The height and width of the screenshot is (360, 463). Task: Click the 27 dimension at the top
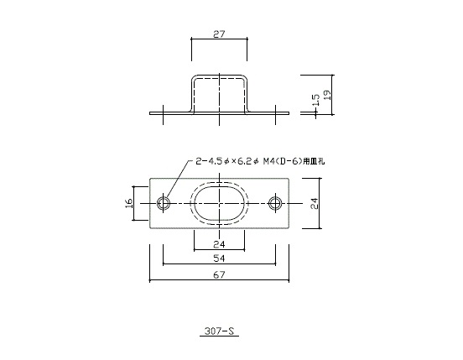coord(218,36)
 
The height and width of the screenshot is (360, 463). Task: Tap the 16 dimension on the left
coord(128,204)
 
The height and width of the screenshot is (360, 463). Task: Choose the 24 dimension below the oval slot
coord(219,244)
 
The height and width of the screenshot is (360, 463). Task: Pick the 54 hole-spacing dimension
coord(219,260)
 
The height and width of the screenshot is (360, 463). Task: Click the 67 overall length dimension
coord(219,276)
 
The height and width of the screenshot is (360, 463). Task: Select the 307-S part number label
coord(219,331)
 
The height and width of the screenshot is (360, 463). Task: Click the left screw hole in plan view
coord(163,204)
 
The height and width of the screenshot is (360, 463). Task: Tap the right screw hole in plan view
coord(275,204)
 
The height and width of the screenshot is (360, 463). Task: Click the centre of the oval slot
coord(219,204)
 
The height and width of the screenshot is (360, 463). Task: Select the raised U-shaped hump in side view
coord(219,81)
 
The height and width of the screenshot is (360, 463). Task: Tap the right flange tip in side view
coord(286,112)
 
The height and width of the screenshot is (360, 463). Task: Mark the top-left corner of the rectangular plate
coord(149,179)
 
